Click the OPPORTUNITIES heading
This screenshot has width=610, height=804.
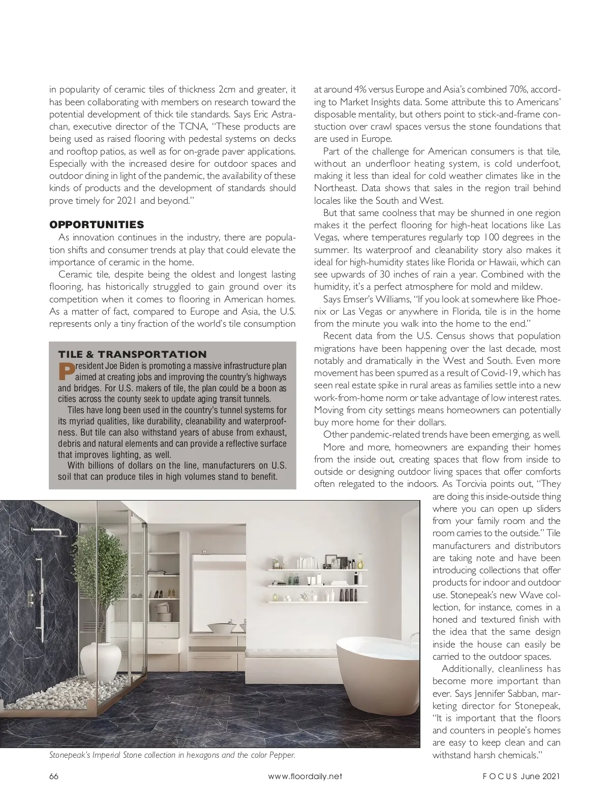[97, 225]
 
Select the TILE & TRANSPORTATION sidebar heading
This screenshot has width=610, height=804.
[132, 354]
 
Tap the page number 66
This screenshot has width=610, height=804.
[54, 776]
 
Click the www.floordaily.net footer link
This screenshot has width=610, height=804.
[305, 776]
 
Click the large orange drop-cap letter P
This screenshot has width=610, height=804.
[66, 372]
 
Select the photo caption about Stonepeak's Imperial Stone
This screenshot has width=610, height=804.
[172, 755]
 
